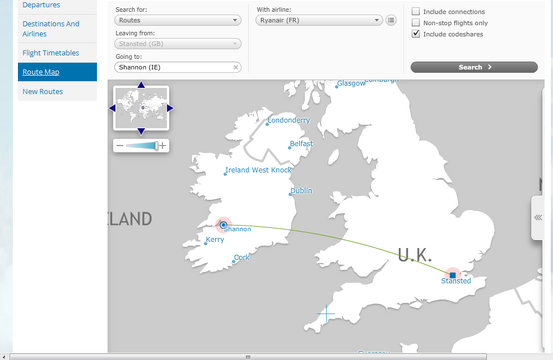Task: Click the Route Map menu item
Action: [41, 72]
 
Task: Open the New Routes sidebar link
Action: [43, 92]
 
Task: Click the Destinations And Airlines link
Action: [50, 28]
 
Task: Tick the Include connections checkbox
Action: [416, 12]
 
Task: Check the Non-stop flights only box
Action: [416, 22]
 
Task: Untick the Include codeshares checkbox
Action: [416, 33]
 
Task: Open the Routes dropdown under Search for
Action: [178, 20]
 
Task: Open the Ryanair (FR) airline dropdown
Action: [319, 20]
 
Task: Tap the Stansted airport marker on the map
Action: [453, 274]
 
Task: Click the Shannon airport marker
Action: [223, 225]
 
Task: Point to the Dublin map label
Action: [301, 191]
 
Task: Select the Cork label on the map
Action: [243, 258]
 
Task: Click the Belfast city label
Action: [301, 144]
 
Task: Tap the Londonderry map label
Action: [289, 121]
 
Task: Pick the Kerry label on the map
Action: [215, 240]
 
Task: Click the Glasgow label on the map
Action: [352, 84]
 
